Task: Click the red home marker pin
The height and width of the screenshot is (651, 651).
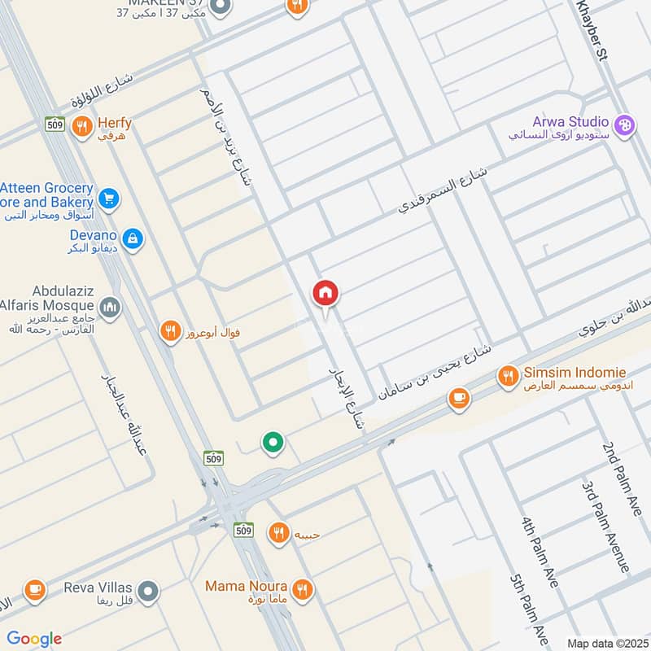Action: click(x=325, y=293)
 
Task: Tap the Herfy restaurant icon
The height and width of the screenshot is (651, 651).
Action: click(x=81, y=126)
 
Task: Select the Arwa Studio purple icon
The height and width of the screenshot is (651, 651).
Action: click(x=623, y=125)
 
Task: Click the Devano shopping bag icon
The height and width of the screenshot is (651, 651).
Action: click(x=133, y=238)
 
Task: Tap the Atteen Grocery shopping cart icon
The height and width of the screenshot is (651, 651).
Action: click(x=108, y=198)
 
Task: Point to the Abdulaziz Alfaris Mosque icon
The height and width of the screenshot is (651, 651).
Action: click(x=111, y=308)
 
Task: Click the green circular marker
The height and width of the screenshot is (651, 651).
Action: click(x=273, y=443)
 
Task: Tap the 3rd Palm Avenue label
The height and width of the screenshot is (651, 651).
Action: click(x=607, y=525)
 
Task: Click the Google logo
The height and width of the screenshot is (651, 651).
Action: click(x=34, y=639)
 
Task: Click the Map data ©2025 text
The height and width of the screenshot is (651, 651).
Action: click(x=606, y=643)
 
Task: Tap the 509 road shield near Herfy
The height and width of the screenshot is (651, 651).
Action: click(x=55, y=124)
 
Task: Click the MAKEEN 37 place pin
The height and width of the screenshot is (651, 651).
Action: click(x=217, y=8)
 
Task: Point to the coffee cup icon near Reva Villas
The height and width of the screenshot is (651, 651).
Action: click(x=34, y=590)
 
